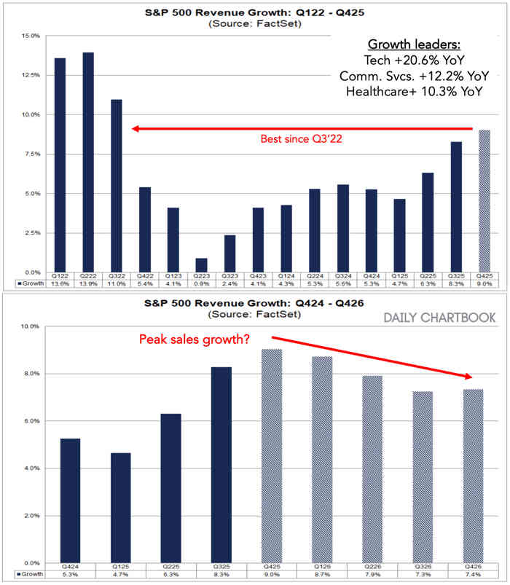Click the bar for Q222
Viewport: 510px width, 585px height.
[88, 160]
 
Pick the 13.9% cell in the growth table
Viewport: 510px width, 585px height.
[88, 284]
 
